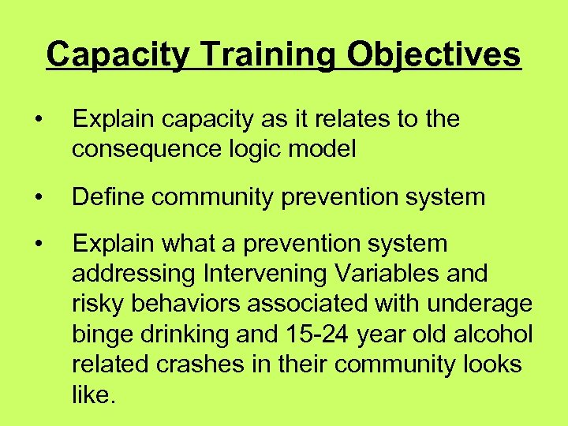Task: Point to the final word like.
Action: point(94,394)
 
